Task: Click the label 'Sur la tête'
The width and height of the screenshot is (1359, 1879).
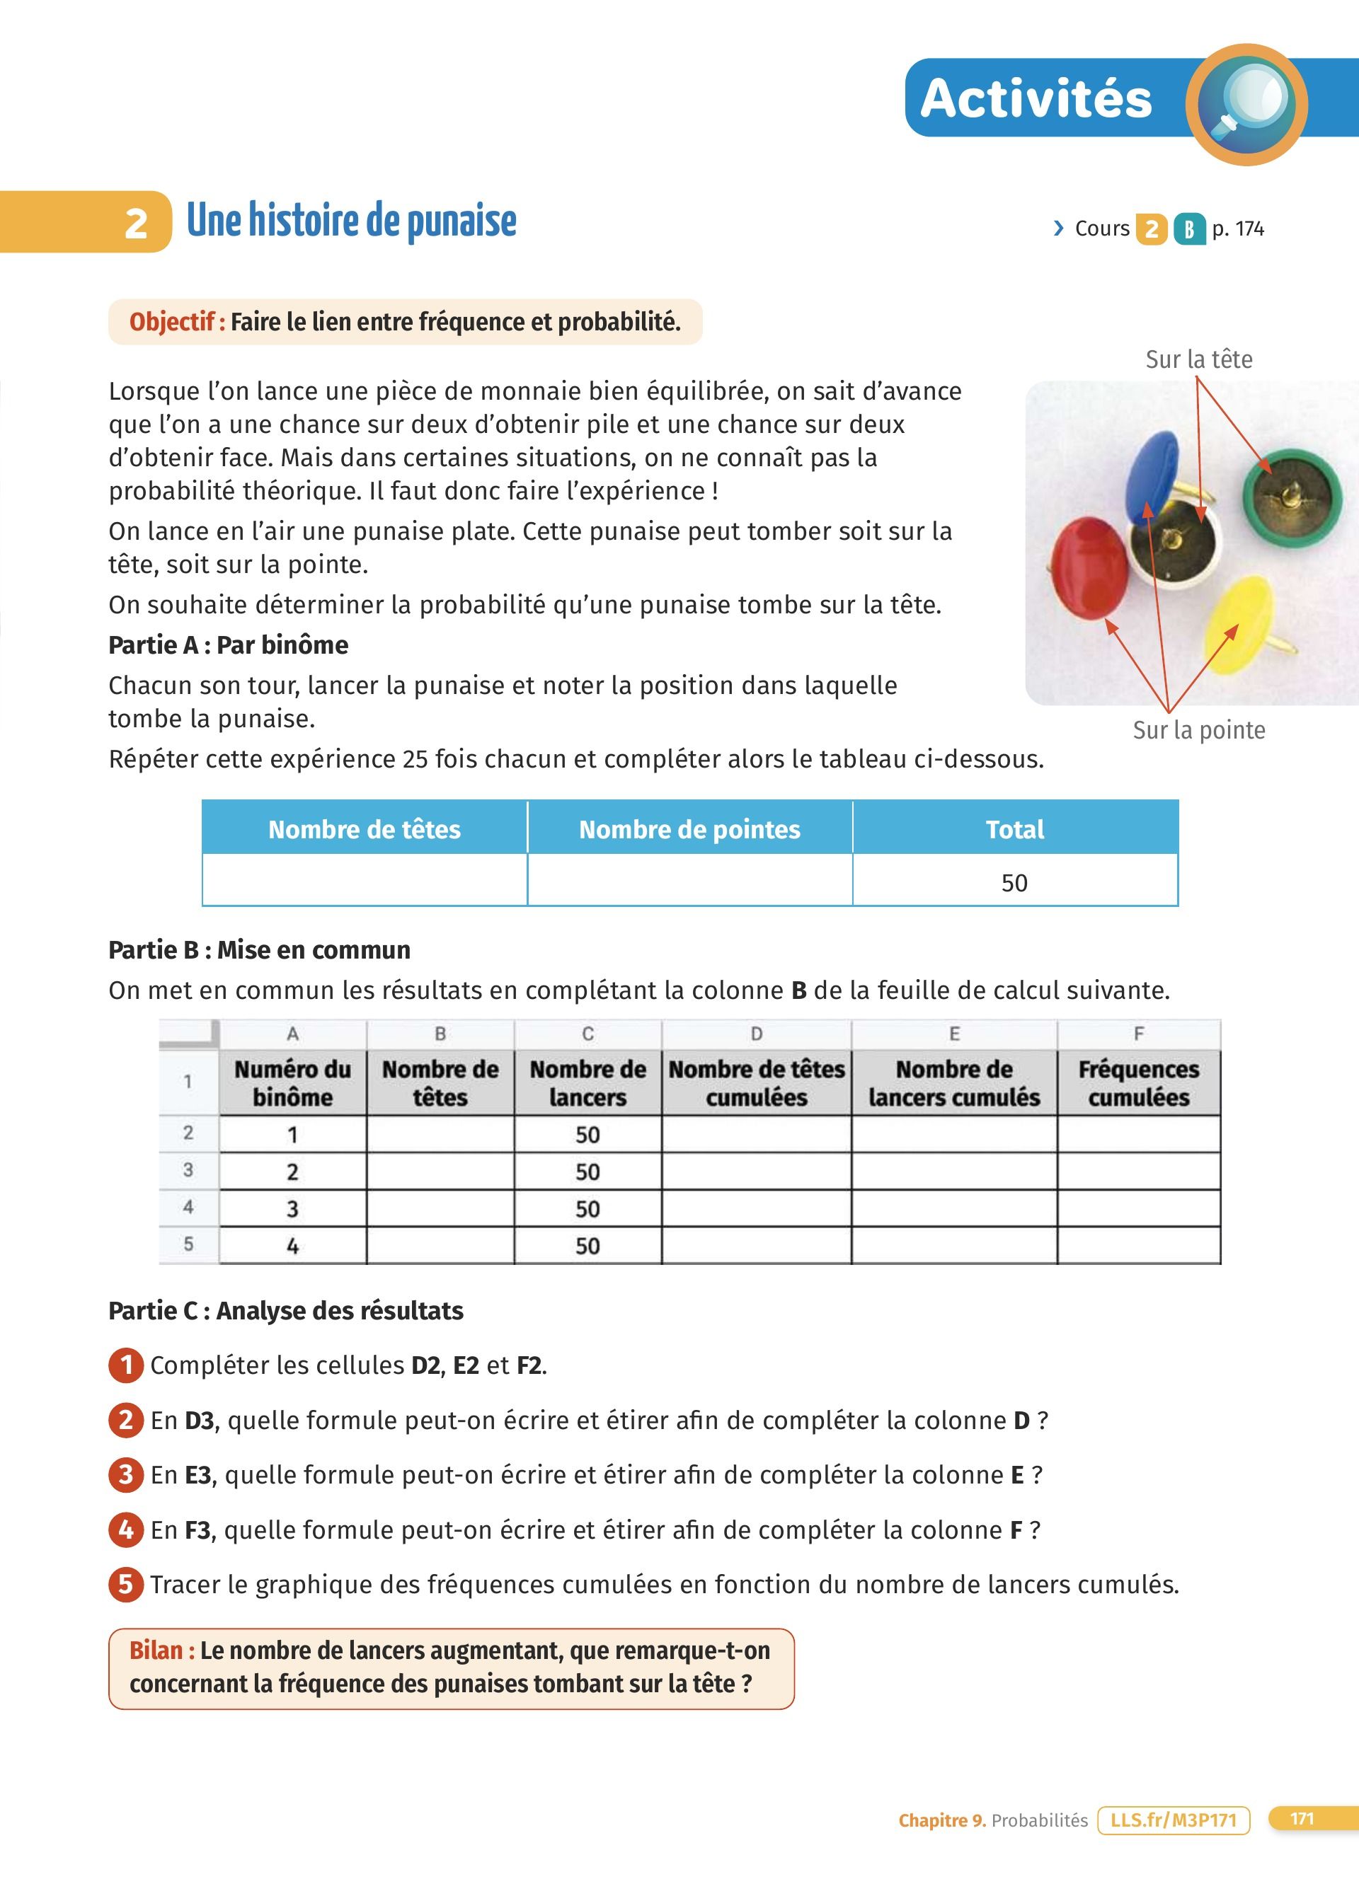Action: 1198,359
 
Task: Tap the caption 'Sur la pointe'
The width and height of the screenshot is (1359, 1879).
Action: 1198,730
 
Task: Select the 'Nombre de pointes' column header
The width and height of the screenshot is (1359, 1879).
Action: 689,829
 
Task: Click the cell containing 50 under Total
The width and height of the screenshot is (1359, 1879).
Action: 1014,882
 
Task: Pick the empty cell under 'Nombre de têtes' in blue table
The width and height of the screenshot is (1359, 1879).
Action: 365,881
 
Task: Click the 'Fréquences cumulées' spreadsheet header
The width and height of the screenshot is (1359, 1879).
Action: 1139,1083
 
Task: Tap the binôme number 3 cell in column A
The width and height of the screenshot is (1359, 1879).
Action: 292,1209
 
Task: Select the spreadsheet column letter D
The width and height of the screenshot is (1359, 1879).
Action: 756,1033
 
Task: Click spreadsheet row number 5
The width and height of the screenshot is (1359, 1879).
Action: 188,1244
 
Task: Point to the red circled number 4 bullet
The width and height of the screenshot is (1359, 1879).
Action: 126,1530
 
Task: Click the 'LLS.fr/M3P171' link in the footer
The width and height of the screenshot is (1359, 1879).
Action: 1173,1820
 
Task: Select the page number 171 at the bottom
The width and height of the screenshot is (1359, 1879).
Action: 1302,1819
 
